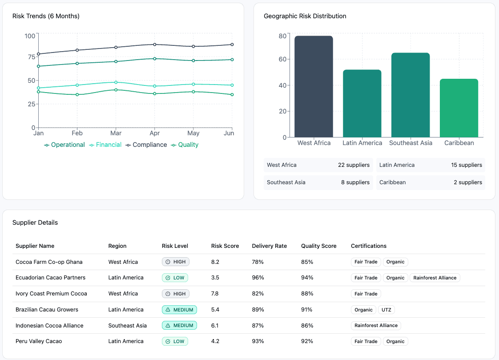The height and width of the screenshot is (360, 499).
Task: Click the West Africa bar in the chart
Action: click(314, 86)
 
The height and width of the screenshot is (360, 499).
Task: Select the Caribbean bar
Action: click(459, 108)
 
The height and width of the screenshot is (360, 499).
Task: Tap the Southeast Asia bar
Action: click(410, 95)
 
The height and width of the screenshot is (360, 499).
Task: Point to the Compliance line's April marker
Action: click(155, 44)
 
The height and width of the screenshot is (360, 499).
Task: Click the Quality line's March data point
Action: click(116, 90)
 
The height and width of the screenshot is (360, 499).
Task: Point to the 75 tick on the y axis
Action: click(32, 57)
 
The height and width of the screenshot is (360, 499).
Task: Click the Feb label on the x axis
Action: click(77, 133)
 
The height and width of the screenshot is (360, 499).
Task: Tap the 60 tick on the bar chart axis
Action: click(282, 59)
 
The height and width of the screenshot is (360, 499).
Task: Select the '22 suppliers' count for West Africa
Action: click(354, 165)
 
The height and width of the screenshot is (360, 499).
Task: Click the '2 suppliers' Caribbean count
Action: click(468, 182)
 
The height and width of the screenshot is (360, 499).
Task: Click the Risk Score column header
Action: click(225, 246)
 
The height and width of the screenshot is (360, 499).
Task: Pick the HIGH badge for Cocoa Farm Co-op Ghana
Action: click(176, 262)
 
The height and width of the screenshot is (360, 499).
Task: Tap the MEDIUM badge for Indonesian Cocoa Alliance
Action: click(180, 325)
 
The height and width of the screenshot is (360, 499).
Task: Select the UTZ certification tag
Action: click(386, 310)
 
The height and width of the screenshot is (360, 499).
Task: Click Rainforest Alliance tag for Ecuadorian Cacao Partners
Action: click(435, 278)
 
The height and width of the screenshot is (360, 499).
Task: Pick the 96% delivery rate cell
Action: click(258, 278)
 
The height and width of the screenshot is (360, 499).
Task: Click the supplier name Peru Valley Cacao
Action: click(39, 341)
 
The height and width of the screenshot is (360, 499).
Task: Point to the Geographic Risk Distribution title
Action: click(305, 16)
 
